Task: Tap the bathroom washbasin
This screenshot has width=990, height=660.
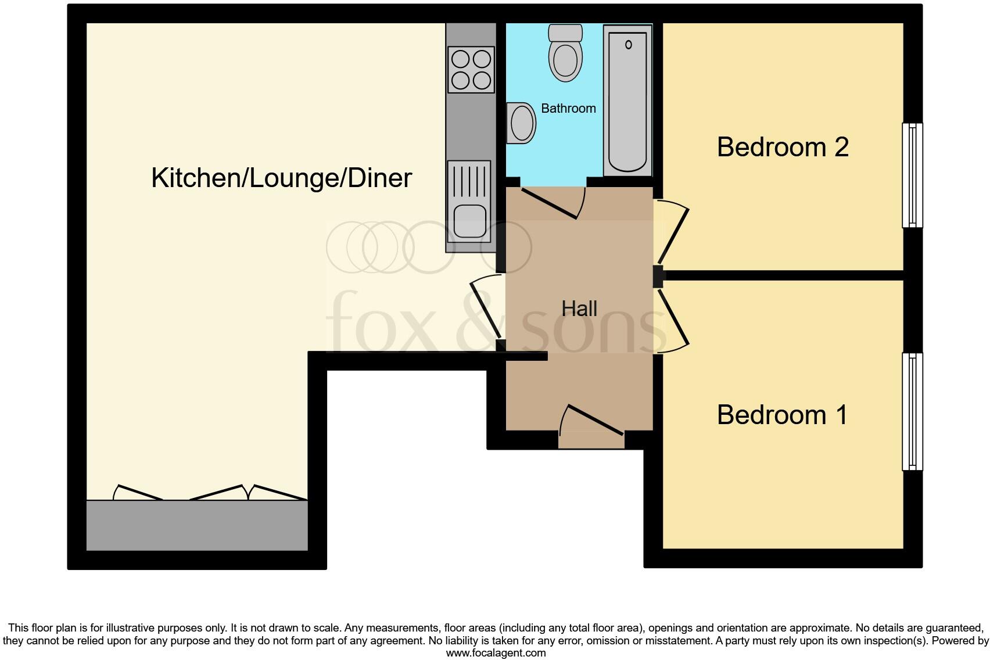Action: [x=521, y=123]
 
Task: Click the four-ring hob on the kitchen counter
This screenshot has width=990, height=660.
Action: [x=471, y=70]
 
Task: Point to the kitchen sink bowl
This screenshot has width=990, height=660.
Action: [x=470, y=221]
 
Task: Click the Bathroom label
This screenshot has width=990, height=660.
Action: [x=568, y=109]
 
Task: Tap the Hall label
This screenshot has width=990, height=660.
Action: [x=579, y=309]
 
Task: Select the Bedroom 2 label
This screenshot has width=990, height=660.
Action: [x=783, y=147]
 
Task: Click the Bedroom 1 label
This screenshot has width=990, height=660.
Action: [x=782, y=415]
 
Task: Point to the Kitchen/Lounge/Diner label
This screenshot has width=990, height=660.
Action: [x=282, y=178]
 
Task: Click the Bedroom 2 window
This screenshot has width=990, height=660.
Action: [x=912, y=175]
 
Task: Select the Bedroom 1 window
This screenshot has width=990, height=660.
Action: [x=912, y=411]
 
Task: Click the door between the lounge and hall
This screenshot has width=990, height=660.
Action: [x=486, y=307]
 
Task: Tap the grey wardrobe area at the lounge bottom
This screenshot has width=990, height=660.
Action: [x=197, y=525]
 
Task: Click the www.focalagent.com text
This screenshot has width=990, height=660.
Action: [x=496, y=653]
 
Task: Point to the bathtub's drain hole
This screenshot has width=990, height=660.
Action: [x=628, y=44]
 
